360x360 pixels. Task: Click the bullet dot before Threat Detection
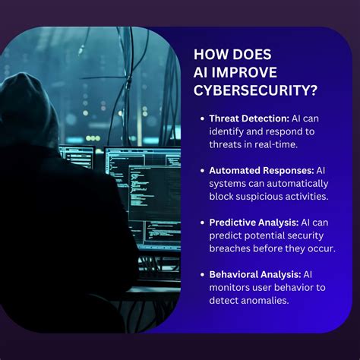[203, 119]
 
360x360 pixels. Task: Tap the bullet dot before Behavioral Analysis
[203, 275]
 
